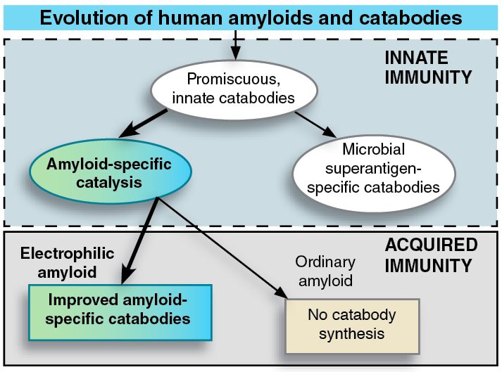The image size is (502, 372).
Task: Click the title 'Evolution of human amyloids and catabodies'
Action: pyautogui.click(x=251, y=17)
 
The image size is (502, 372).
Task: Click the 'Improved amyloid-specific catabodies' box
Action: pyautogui.click(x=119, y=310)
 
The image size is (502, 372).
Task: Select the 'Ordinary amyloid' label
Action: pyautogui.click(x=325, y=271)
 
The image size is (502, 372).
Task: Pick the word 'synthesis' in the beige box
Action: pyautogui.click(x=351, y=333)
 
